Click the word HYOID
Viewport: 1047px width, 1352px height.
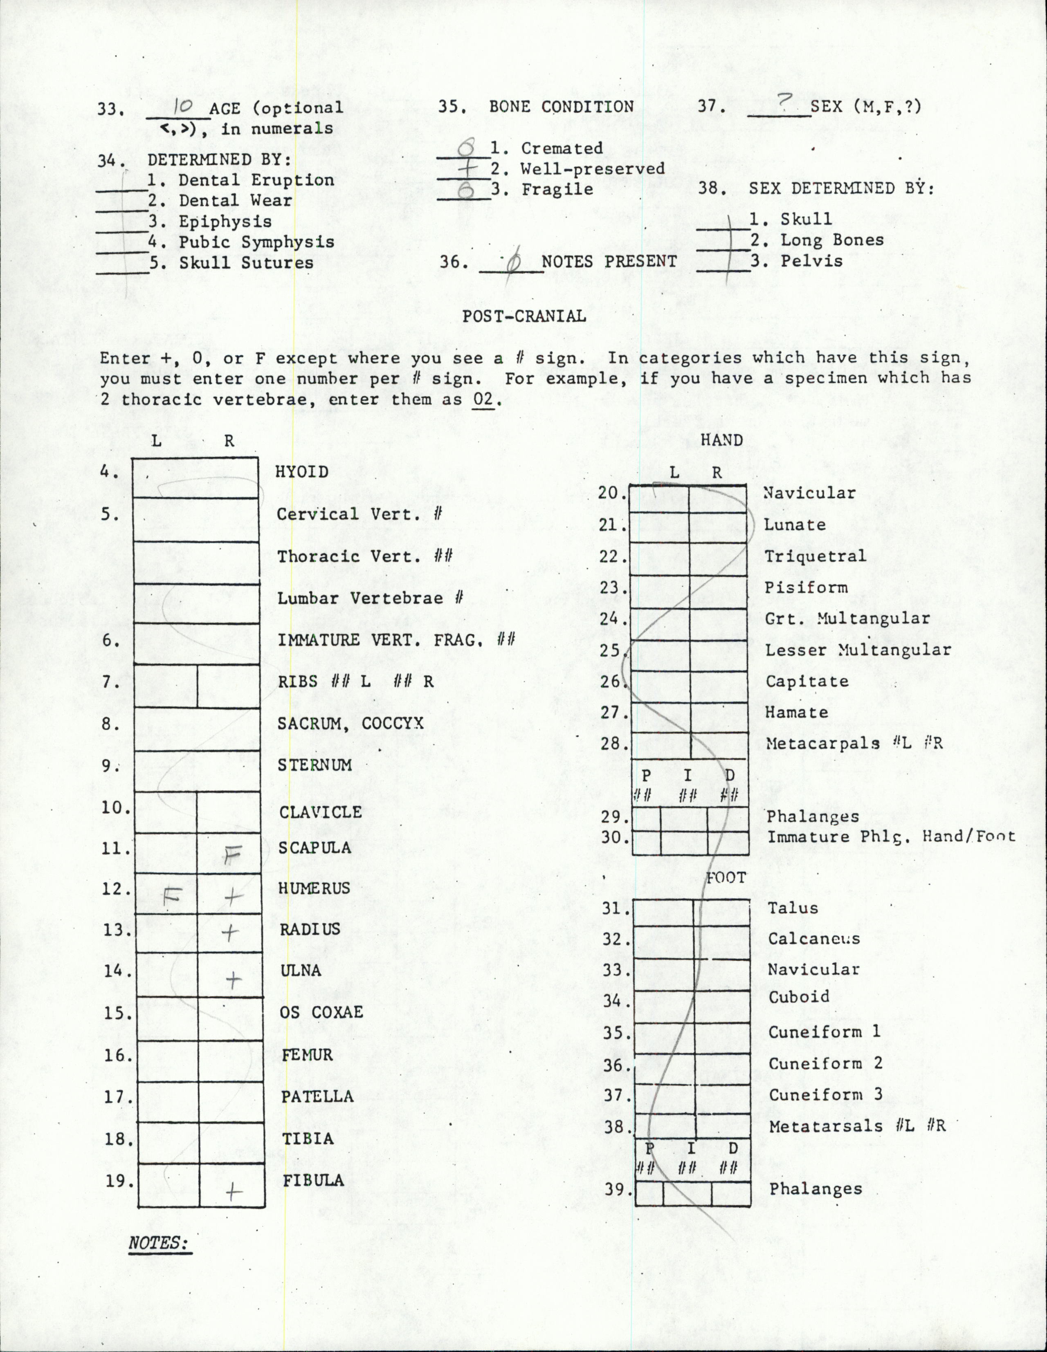[301, 472]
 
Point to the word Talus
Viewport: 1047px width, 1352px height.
[793, 908]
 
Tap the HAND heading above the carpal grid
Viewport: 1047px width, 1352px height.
[721, 440]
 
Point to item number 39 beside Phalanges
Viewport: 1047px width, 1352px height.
[614, 1189]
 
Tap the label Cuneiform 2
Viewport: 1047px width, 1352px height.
[816, 1063]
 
